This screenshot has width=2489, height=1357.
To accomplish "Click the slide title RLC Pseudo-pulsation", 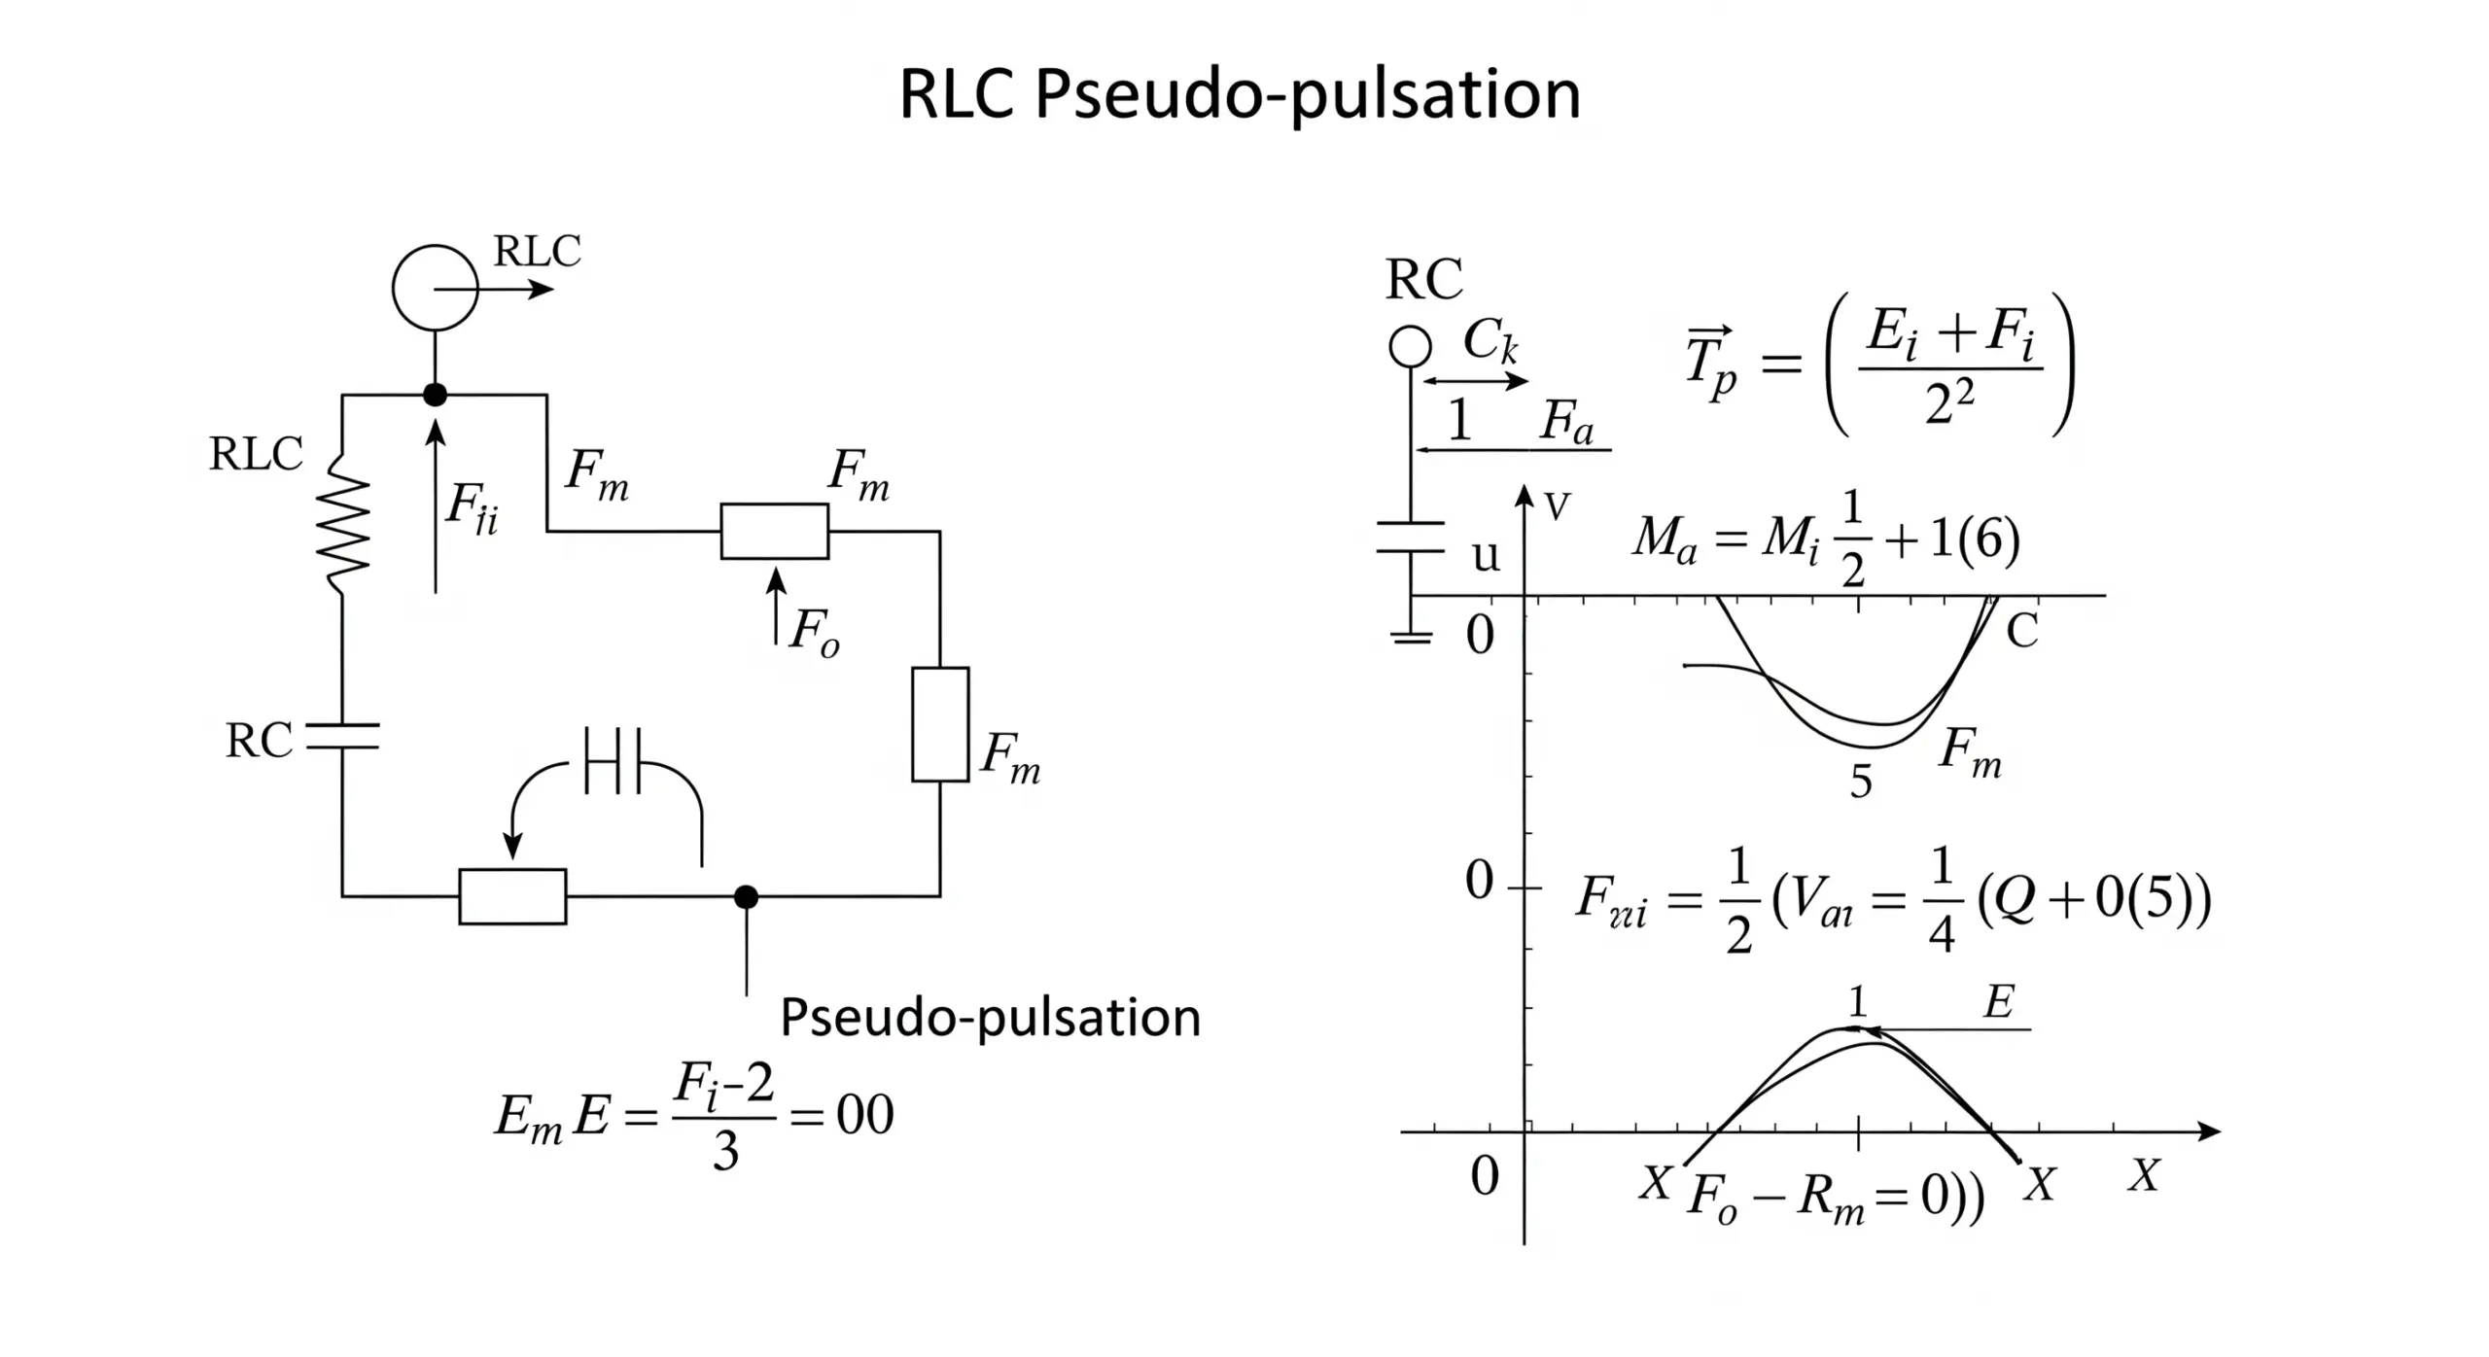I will tap(1239, 95).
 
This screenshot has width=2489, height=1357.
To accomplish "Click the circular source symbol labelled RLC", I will tap(435, 288).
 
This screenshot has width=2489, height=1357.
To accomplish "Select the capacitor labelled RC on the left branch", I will tap(342, 737).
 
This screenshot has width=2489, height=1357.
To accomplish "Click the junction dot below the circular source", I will tap(435, 395).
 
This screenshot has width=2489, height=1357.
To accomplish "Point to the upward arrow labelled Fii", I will tap(436, 505).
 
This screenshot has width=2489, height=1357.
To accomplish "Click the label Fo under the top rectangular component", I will tap(813, 632).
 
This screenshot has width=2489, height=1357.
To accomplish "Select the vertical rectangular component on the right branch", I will tap(939, 724).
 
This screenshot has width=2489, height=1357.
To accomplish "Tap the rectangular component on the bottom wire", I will tap(512, 895).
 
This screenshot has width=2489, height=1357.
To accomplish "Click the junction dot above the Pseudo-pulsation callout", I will tap(746, 896).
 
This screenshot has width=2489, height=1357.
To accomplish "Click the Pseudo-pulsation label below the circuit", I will tap(990, 1018).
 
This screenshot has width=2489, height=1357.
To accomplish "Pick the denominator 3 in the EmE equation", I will tap(725, 1152).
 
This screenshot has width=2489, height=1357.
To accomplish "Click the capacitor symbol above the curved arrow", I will tap(613, 760).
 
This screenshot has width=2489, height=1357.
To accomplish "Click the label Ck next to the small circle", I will tap(1489, 340).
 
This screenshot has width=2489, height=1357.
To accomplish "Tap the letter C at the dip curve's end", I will tap(2022, 632).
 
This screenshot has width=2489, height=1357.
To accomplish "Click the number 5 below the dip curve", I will tap(1860, 782).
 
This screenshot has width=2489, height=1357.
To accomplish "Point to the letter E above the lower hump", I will tap(1998, 1002).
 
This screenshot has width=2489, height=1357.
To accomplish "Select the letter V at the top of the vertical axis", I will tap(1557, 506).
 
